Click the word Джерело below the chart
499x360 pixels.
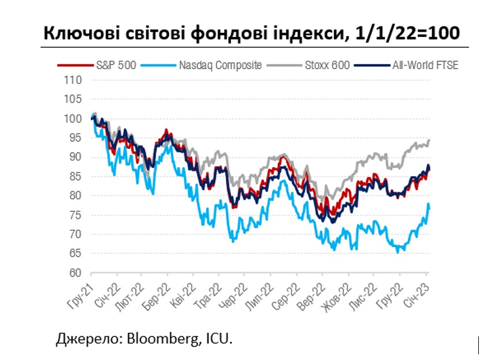[86, 339]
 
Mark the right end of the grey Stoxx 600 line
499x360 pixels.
[430, 141]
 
